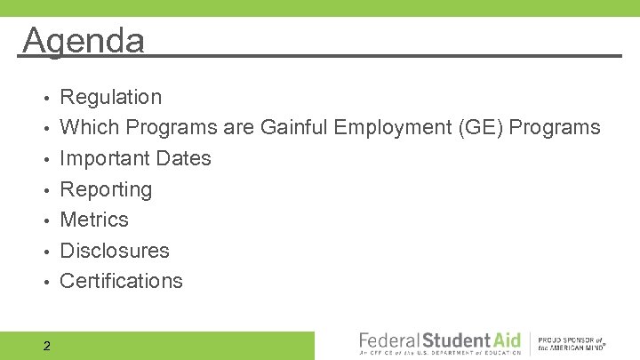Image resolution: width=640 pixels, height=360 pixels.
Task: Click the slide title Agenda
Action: tap(84, 40)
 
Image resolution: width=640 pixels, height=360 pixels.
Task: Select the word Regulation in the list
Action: tap(110, 97)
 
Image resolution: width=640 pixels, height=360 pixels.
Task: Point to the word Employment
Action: tap(393, 128)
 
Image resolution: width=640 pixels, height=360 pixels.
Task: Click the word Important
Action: tap(104, 158)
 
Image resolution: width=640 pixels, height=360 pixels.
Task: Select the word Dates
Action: tap(182, 158)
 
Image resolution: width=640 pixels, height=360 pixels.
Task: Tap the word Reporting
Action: tap(106, 189)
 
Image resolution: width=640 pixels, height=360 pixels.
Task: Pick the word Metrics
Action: tap(94, 220)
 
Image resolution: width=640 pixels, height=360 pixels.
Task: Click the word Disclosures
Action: tap(115, 251)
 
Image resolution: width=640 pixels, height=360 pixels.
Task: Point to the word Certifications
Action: tap(121, 281)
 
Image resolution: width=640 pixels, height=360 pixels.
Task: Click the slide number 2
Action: tap(46, 346)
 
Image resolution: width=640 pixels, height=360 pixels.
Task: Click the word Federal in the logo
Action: tap(389, 340)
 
